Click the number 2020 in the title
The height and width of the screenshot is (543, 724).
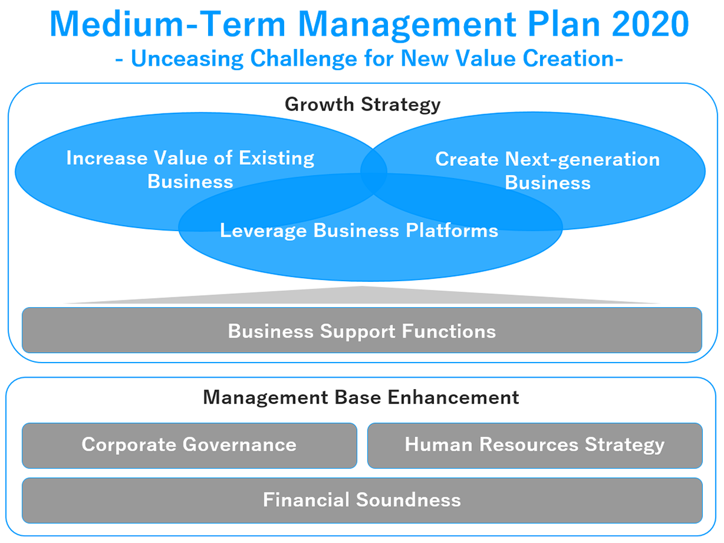(650, 24)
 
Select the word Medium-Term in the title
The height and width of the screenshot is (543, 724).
(168, 24)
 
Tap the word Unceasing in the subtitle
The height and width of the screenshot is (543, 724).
(188, 59)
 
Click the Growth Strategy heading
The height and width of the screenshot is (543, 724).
(363, 104)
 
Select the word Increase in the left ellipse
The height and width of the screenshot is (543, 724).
(107, 158)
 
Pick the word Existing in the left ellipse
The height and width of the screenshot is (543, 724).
(276, 158)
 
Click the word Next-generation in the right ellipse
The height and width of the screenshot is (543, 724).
(582, 159)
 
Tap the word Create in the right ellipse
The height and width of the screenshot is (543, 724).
(467, 159)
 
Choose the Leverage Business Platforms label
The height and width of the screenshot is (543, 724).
(359, 230)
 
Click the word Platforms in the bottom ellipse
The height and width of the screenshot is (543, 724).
(452, 230)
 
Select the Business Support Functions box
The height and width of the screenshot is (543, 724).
(362, 330)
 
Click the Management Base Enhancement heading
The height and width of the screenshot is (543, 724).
(361, 397)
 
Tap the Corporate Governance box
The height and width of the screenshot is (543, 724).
(189, 445)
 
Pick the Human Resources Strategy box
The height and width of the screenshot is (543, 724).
(535, 445)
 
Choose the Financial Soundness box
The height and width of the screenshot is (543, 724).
(362, 500)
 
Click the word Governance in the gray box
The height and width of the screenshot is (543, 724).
(240, 445)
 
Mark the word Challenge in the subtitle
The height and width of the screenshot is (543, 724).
(304, 59)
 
